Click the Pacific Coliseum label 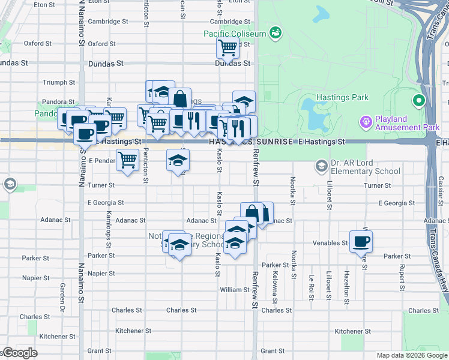[234, 34]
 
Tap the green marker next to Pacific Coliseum [276, 32]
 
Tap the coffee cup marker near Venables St [361, 241]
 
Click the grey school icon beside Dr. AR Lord [322, 165]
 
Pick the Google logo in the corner [19, 353]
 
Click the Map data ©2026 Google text [412, 355]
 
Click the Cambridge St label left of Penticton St [108, 21]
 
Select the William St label [234, 289]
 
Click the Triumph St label [59, 82]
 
